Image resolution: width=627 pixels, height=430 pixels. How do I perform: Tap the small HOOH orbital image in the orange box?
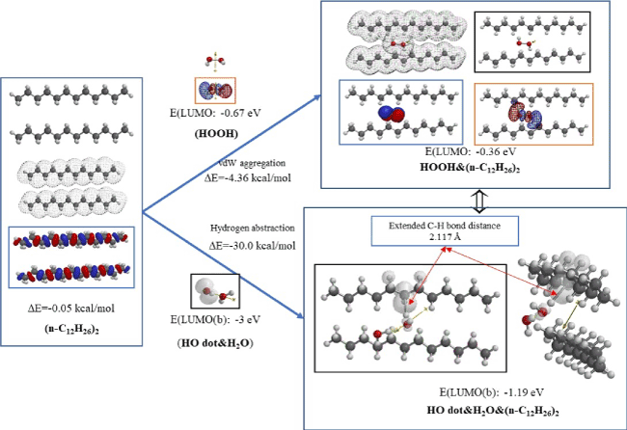pyautogui.click(x=215, y=89)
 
